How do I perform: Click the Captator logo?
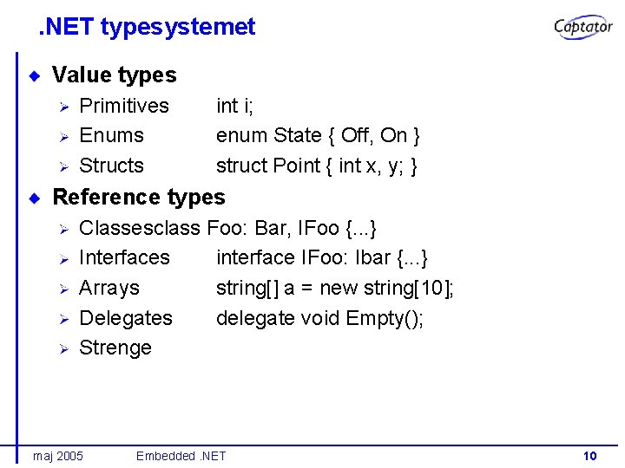tap(583, 28)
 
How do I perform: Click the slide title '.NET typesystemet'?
tap(147, 27)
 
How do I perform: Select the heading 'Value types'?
tap(114, 75)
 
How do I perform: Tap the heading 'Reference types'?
tap(139, 198)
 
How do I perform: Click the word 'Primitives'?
tap(124, 106)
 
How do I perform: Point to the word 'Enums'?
tap(111, 136)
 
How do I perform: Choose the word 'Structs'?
tap(111, 166)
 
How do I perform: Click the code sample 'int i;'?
tap(234, 106)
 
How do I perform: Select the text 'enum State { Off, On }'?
tap(319, 136)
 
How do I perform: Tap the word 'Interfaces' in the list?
tap(124, 258)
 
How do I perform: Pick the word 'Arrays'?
tap(109, 288)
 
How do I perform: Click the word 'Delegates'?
tap(126, 318)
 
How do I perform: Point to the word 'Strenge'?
tap(115, 348)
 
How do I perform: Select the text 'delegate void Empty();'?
tap(319, 318)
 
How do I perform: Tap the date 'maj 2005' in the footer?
tap(58, 456)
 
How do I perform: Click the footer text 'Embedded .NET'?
tap(181, 456)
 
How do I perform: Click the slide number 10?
tap(590, 456)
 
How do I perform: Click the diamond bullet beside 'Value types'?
tap(35, 75)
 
